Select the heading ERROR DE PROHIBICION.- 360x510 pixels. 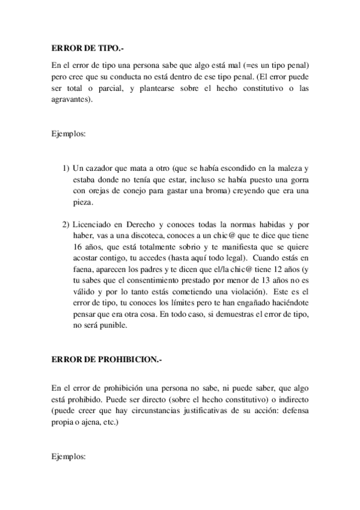pyautogui.click(x=106, y=359)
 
